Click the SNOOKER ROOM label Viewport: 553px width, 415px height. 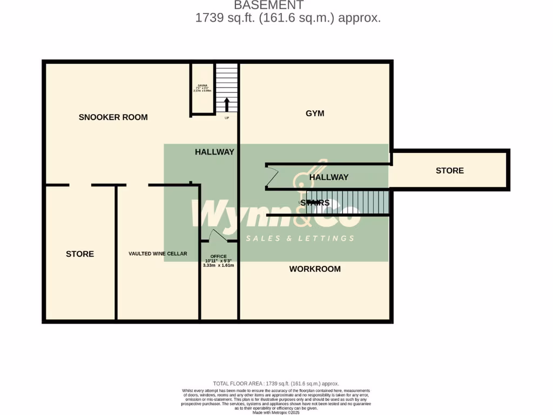coord(113,117)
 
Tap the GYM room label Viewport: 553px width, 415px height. coord(314,113)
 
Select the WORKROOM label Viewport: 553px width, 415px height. coord(315,269)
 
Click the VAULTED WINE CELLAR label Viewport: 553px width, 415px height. coord(158,253)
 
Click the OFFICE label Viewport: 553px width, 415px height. coord(218,256)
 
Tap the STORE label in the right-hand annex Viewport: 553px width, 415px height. coord(449,171)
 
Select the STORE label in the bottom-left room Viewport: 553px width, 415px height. coord(80,254)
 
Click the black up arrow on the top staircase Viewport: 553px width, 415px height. coord(227,104)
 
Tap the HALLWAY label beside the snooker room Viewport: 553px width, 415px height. coord(214,152)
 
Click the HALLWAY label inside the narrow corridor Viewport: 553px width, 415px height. coord(328,177)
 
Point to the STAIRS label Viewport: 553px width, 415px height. coord(314,203)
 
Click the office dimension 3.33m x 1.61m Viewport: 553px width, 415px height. coord(218,265)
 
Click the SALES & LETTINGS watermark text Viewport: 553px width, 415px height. coord(300,238)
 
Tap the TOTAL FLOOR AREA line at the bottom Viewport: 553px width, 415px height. coord(276,383)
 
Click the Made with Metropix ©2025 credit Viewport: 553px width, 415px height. coord(276,412)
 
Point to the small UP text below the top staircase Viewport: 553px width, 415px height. coord(227,118)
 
